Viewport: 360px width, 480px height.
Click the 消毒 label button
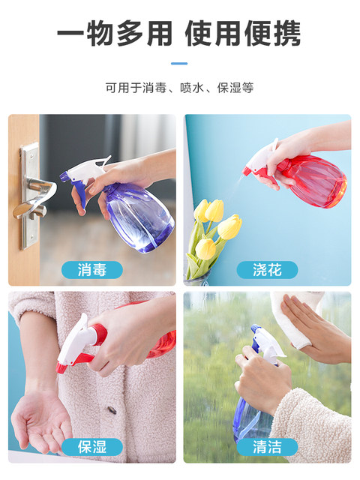click(91, 270)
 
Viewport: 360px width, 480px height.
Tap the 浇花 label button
click(267, 270)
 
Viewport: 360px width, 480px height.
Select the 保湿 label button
click(91, 447)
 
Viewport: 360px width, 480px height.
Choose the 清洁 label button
click(267, 447)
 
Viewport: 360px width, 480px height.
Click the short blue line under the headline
click(179, 63)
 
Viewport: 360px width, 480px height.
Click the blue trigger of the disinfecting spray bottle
click(79, 193)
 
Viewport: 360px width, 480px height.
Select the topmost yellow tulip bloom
click(214, 210)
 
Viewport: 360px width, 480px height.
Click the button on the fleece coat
click(112, 409)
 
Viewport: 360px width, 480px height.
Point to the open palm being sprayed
click(41, 419)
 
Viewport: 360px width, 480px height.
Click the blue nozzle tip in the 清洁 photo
click(255, 328)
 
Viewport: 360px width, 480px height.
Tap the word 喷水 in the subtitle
click(192, 88)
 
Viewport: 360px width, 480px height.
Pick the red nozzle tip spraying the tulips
click(247, 172)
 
